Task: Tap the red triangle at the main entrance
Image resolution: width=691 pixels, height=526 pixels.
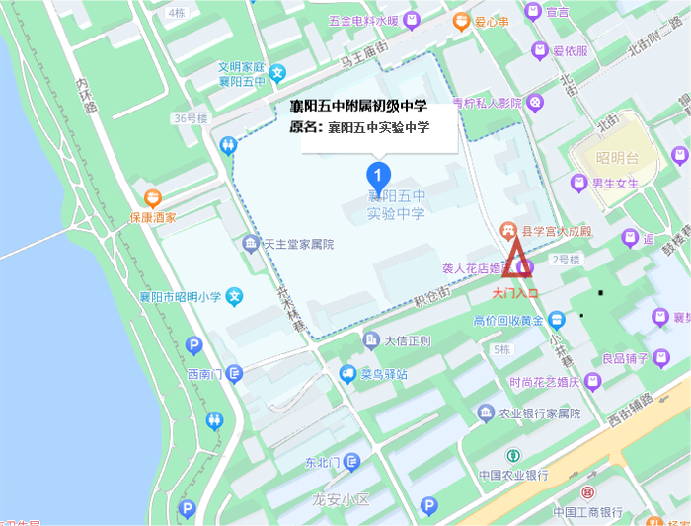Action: [518, 262]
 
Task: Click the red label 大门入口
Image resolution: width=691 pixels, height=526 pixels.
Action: [516, 293]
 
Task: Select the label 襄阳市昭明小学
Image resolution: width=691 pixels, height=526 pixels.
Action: [182, 296]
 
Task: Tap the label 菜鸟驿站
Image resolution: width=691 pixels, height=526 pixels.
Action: [384, 374]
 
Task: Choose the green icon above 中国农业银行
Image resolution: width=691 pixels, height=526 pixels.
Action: [513, 456]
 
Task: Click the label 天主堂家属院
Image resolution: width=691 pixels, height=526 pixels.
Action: [298, 244]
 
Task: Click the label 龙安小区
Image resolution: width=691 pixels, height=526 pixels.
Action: [340, 500]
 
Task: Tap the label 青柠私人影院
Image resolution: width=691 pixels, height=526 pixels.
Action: [487, 102]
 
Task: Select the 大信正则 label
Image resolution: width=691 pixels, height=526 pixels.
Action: [408, 341]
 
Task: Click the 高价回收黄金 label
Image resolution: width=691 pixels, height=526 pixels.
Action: [508, 320]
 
